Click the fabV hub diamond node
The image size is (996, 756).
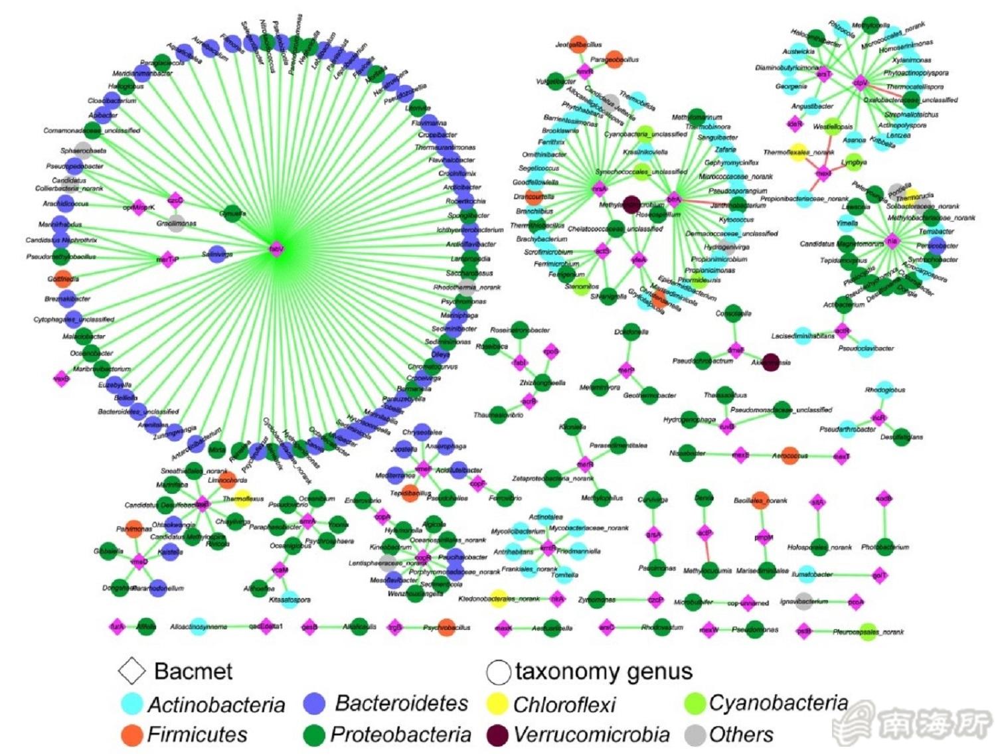[x=276, y=249]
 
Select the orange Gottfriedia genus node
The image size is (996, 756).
[x=61, y=278]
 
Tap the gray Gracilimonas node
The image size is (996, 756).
[x=176, y=224]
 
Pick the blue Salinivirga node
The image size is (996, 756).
[x=216, y=254]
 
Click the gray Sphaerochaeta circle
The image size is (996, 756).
[x=83, y=149]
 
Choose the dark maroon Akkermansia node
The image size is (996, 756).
[x=770, y=362]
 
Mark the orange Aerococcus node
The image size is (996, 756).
[x=789, y=456]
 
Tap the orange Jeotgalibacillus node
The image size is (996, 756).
[x=578, y=44]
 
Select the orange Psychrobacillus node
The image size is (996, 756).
[x=446, y=627]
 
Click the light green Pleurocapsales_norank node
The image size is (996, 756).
[x=867, y=631]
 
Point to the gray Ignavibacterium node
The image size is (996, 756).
[x=803, y=601]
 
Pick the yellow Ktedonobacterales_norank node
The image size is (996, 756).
[x=498, y=598]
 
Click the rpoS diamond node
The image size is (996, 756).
[x=550, y=351]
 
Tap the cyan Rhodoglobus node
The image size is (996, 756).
[x=884, y=390]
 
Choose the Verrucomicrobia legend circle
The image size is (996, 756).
[x=497, y=735]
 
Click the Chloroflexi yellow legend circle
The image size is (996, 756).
[x=497, y=704]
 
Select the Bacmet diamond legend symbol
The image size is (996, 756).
[x=131, y=671]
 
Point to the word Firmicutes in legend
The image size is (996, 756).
[x=197, y=735]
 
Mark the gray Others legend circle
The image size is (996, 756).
[x=695, y=735]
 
